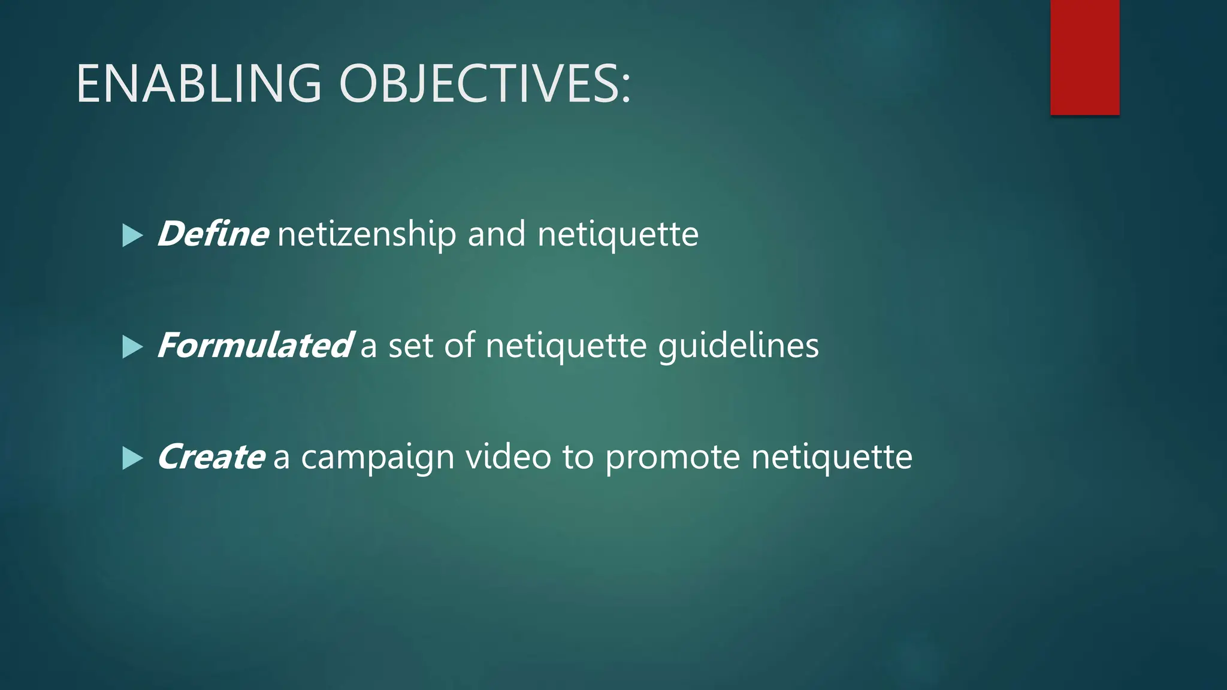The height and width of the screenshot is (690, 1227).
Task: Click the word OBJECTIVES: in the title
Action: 485,84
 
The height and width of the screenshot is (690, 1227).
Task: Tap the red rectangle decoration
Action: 1084,57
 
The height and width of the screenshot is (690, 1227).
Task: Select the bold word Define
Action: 212,234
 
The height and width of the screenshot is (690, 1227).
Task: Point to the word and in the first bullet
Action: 496,234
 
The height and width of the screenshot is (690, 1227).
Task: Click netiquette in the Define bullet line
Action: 618,234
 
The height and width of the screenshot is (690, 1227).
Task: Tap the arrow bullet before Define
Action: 132,235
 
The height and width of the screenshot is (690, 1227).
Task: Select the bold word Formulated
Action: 255,346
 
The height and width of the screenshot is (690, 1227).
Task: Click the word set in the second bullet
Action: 410,346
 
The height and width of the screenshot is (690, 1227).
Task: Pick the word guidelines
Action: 738,346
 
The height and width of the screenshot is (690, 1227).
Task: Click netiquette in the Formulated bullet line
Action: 566,346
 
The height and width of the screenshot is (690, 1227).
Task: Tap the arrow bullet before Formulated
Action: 132,347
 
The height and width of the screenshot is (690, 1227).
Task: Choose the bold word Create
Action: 210,458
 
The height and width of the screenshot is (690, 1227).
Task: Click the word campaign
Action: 377,458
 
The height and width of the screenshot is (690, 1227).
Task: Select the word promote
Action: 672,458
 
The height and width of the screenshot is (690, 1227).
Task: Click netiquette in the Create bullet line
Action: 832,458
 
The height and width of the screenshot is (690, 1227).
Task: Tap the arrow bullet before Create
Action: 132,459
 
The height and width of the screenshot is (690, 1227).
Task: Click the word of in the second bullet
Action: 460,346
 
